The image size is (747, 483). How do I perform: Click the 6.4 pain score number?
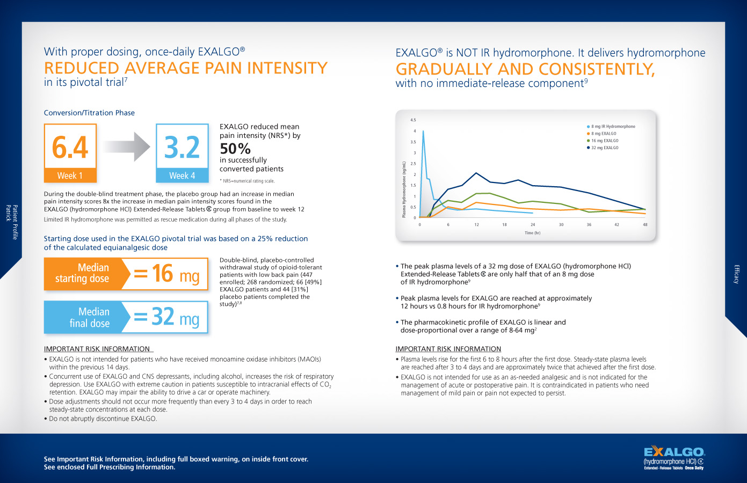pyautogui.click(x=70, y=147)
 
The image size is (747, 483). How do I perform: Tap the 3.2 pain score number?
pyautogui.click(x=182, y=147)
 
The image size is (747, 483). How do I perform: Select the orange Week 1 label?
pyautogui.click(x=70, y=175)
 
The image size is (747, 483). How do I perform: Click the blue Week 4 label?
pyautogui.click(x=182, y=175)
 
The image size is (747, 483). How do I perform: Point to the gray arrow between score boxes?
pyautogui.click(x=126, y=147)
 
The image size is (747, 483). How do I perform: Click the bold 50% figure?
pyautogui.click(x=235, y=149)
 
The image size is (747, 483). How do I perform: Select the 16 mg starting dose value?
pyautogui.click(x=166, y=274)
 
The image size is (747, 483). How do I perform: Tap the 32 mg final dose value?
pyautogui.click(x=166, y=317)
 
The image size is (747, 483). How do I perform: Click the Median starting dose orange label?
pyautogui.click(x=82, y=273)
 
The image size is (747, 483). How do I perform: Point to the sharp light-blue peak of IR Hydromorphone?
pyautogui.click(x=423, y=131)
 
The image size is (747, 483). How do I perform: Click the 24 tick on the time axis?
pyautogui.click(x=533, y=225)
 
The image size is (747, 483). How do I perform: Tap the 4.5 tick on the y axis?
pyautogui.click(x=413, y=120)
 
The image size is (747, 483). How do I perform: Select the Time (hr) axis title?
pyautogui.click(x=532, y=233)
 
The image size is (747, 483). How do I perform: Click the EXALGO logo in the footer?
pyautogui.click(x=674, y=457)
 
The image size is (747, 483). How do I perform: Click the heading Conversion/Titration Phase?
pyautogui.click(x=89, y=113)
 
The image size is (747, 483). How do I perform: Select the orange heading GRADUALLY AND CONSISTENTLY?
pyautogui.click(x=525, y=69)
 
